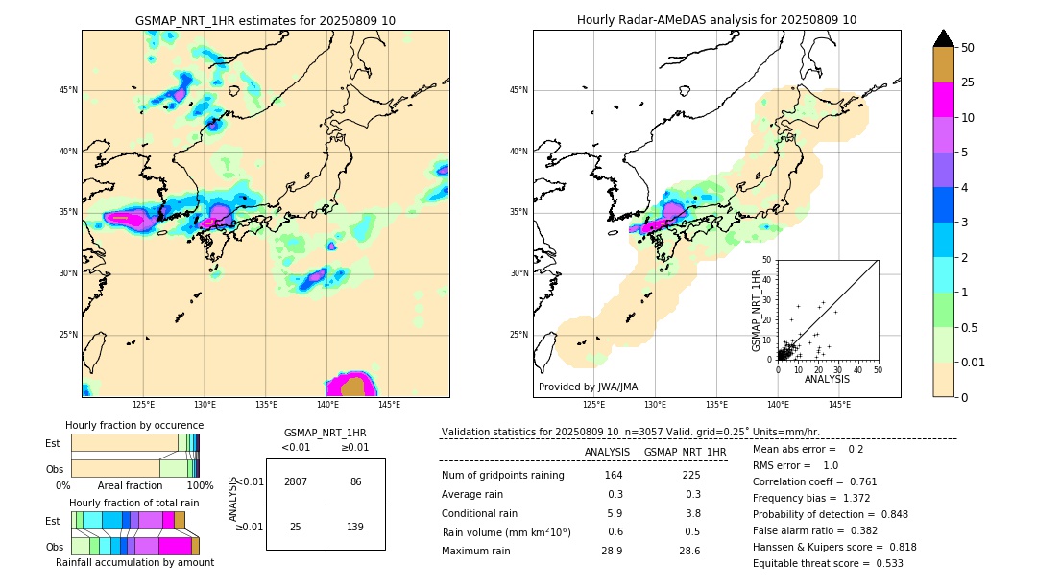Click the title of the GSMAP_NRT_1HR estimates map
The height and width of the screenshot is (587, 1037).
pos(265,20)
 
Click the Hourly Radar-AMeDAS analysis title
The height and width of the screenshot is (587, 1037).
pos(716,20)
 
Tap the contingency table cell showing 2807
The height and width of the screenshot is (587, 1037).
pos(296,481)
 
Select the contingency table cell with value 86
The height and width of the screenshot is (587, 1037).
pos(355,481)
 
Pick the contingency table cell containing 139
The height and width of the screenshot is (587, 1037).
pos(355,527)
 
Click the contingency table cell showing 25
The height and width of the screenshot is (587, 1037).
pos(296,527)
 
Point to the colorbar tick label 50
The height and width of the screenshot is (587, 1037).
pos(968,48)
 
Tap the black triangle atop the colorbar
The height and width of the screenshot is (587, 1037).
pos(944,38)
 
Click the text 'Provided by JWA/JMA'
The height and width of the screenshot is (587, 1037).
pos(588,387)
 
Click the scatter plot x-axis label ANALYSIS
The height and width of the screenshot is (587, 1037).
pos(827,379)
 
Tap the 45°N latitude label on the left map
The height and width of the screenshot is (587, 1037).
pos(68,90)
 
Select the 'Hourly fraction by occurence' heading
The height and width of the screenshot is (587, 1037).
pos(134,425)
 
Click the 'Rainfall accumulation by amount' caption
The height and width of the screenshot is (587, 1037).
pos(134,562)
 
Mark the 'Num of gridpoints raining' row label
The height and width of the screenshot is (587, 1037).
pos(502,476)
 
